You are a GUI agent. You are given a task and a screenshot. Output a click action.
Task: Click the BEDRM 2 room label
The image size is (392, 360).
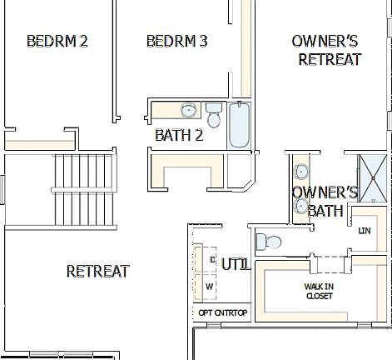57,41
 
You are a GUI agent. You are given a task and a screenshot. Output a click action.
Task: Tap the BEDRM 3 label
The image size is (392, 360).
176,41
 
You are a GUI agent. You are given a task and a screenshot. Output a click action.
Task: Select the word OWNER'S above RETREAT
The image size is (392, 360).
325,41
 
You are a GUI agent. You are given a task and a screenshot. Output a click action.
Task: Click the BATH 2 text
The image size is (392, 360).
179,134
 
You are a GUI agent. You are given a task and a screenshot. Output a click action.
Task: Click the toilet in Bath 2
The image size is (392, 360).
214,115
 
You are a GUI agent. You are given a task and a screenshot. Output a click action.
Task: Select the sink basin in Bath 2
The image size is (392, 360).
189,110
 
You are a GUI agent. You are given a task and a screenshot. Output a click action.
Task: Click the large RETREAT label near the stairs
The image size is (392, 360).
97,271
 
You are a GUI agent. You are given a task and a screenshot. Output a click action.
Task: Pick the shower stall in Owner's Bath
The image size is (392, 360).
374,178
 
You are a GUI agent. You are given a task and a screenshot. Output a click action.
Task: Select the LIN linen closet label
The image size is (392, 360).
364,231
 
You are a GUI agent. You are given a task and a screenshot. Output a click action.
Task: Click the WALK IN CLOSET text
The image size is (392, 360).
318,291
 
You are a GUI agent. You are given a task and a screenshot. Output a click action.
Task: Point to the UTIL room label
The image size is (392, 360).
236,264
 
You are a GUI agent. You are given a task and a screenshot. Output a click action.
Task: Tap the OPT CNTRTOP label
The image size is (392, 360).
223,312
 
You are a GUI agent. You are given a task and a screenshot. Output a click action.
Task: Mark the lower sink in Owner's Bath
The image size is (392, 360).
300,197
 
